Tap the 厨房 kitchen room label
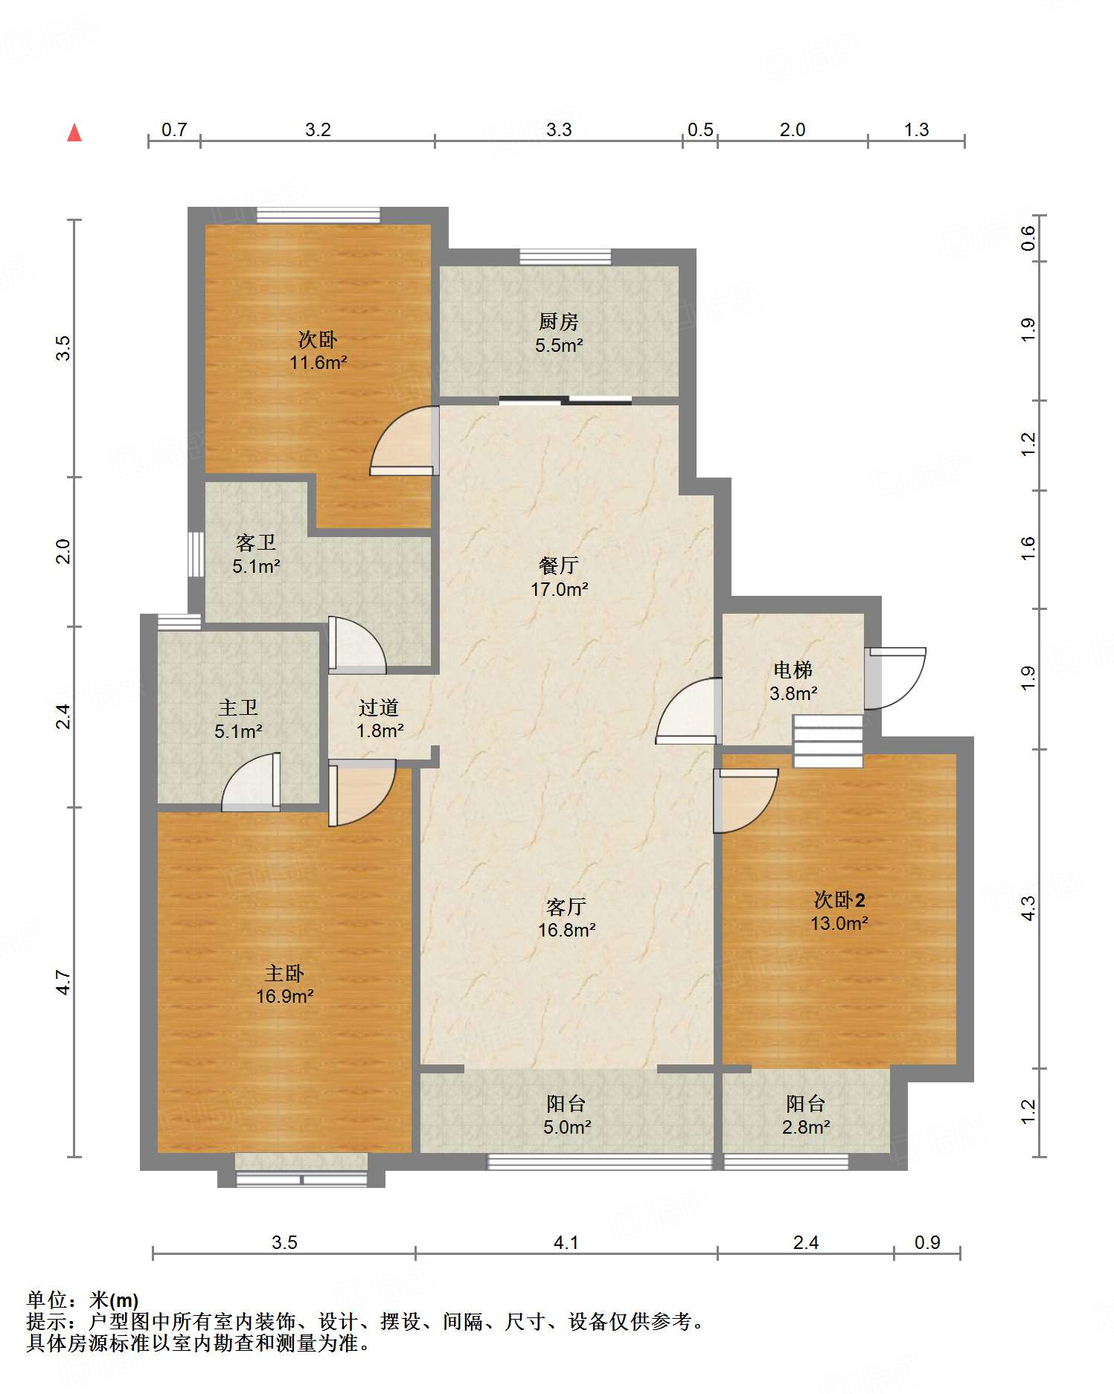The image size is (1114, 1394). pyautogui.click(x=558, y=321)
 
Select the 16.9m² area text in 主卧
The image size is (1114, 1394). pyautogui.click(x=284, y=996)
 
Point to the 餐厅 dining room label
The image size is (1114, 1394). pyautogui.click(x=558, y=565)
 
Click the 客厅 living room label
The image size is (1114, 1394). pyautogui.click(x=566, y=907)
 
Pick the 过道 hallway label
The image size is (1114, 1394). pyautogui.click(x=379, y=707)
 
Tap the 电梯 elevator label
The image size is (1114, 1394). pyautogui.click(x=793, y=670)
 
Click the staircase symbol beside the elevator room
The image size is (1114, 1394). pyautogui.click(x=828, y=741)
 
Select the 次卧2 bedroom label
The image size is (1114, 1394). pyautogui.click(x=839, y=900)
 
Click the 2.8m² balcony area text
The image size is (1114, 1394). pyautogui.click(x=806, y=1127)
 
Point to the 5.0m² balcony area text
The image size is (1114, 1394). pyautogui.click(x=567, y=1127)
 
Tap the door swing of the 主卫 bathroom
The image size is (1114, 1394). pyautogui.click(x=252, y=783)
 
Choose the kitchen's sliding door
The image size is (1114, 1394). pyautogui.click(x=566, y=402)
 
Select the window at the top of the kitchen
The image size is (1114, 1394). pyautogui.click(x=565, y=257)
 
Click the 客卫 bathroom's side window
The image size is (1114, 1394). pyautogui.click(x=196, y=553)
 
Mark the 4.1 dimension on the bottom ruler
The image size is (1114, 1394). pyautogui.click(x=566, y=1242)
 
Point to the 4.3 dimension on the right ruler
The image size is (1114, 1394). pyautogui.click(x=1028, y=908)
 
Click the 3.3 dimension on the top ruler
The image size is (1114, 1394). pyautogui.click(x=559, y=129)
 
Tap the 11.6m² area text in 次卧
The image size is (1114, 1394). pyautogui.click(x=318, y=362)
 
